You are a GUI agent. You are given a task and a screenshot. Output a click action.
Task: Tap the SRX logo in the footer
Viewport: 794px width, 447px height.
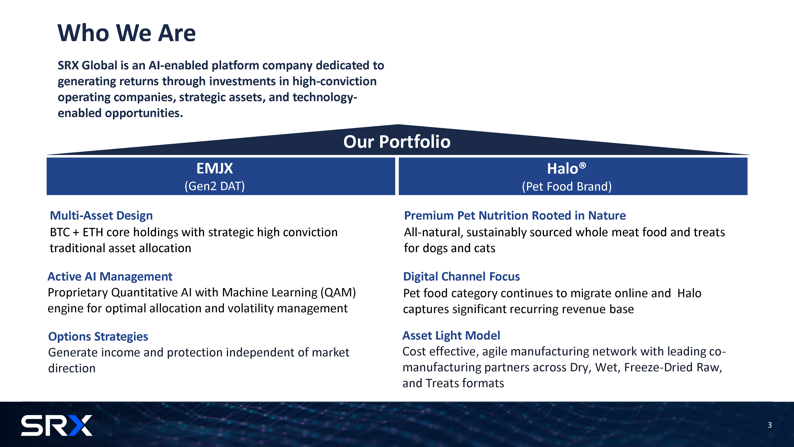click(57, 425)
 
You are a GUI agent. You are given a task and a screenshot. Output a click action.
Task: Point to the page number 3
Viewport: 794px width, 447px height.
click(770, 425)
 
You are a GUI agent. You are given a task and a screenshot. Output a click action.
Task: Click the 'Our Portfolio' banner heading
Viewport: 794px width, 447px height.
click(397, 142)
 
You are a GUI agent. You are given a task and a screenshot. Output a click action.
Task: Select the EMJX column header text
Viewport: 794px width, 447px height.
click(215, 168)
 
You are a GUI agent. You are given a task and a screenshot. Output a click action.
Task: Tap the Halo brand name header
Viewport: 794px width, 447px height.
click(563, 169)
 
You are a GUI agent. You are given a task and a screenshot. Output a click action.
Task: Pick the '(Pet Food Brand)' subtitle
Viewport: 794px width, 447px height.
click(567, 187)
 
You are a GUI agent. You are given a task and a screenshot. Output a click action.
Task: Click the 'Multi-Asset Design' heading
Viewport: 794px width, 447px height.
click(101, 216)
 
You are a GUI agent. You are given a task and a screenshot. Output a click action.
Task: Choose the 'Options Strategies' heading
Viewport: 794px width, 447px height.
click(98, 337)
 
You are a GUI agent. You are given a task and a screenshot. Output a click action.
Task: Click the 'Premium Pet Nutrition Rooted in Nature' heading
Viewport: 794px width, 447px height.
click(515, 216)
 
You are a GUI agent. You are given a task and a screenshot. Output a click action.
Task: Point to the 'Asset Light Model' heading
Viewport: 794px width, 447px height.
click(451, 336)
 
